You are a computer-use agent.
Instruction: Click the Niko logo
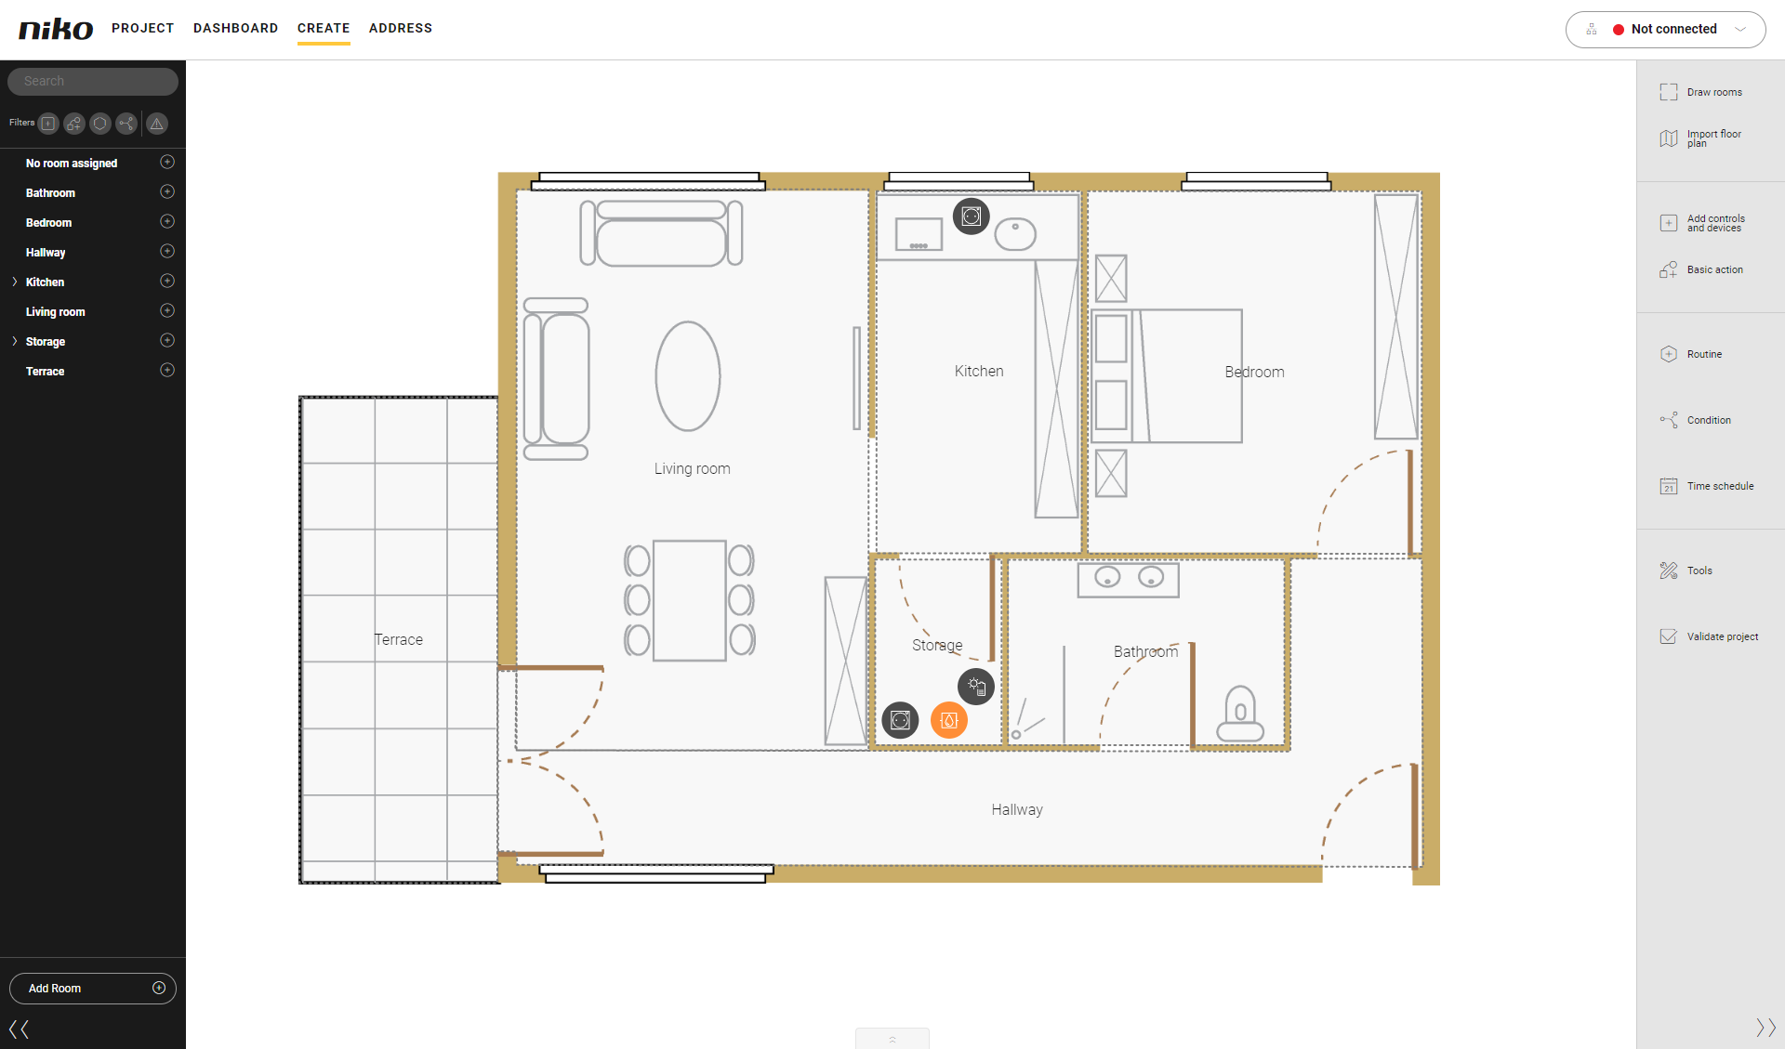point(56,29)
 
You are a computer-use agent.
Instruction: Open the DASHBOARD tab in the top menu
point(236,28)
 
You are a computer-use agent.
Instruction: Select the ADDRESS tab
point(401,28)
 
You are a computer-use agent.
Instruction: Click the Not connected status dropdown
point(1665,30)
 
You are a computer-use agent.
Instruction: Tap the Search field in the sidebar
point(93,82)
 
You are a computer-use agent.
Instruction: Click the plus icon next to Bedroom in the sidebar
point(167,222)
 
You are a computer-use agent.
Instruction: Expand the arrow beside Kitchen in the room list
point(15,282)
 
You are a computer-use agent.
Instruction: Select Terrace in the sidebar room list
point(46,372)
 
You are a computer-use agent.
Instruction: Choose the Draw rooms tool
point(1701,92)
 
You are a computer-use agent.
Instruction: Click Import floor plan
point(1701,138)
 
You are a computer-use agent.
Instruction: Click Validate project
point(1709,636)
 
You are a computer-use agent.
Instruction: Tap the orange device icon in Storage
point(949,720)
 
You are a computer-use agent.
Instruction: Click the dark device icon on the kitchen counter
point(972,216)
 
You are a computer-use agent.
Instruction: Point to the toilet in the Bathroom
point(1240,714)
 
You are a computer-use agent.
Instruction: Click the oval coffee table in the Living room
point(688,376)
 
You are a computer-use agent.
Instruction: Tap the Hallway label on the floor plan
point(1017,810)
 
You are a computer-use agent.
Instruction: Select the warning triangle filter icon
point(157,124)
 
